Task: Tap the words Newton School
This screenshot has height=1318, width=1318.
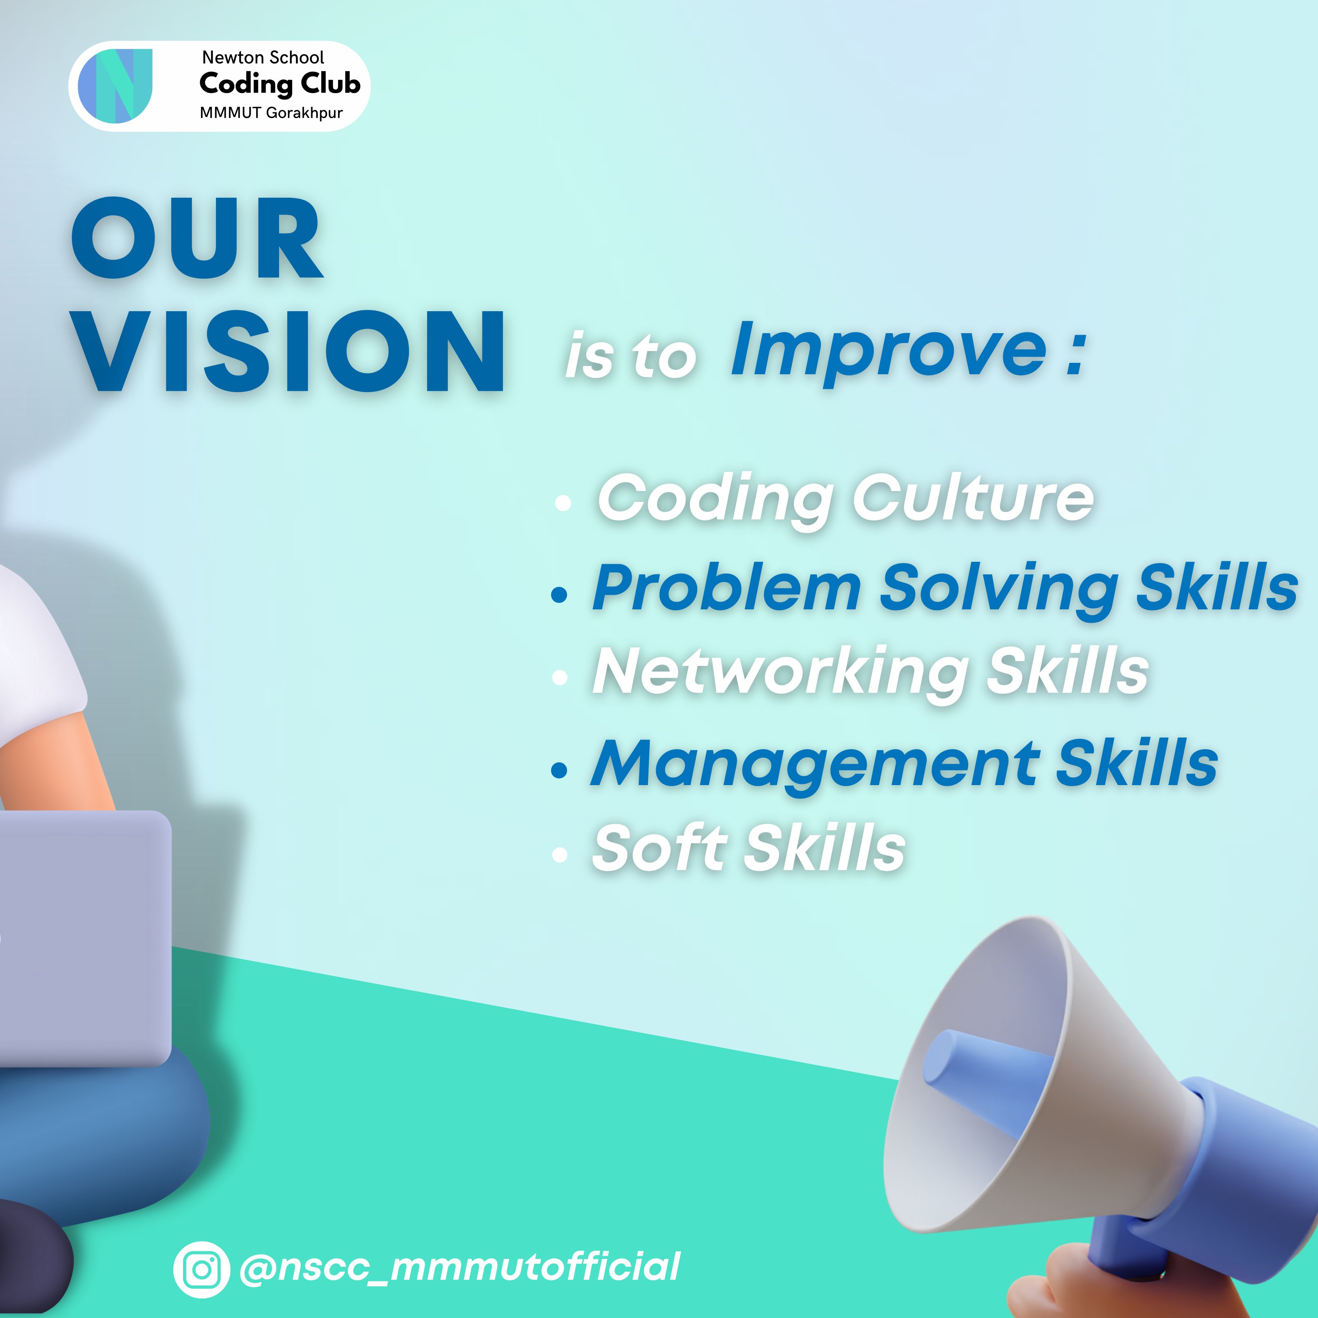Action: tap(263, 57)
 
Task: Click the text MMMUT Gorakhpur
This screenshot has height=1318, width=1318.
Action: tap(271, 113)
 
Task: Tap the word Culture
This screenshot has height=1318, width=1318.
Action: tap(972, 498)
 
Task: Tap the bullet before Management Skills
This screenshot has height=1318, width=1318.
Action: tap(559, 770)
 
